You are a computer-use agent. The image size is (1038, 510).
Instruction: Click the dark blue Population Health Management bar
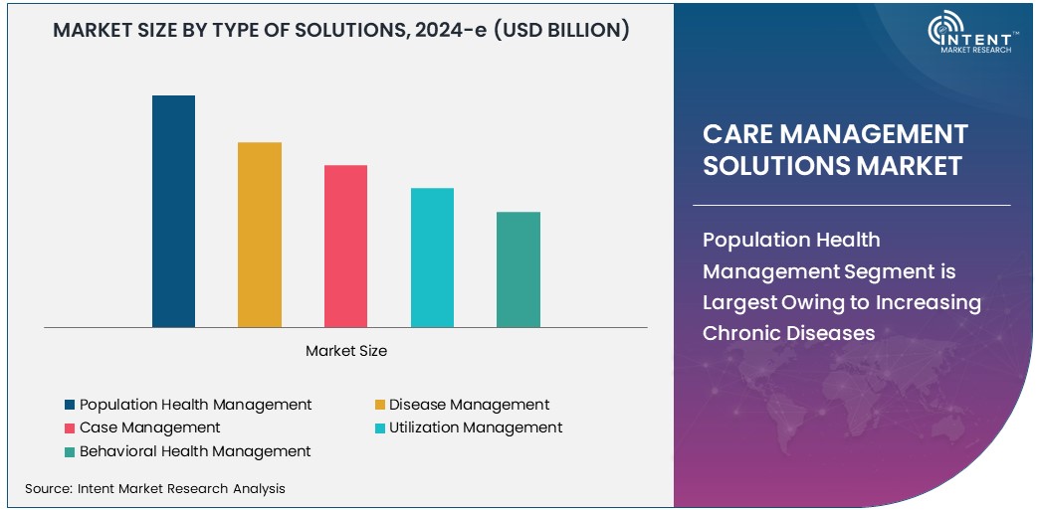[x=173, y=211]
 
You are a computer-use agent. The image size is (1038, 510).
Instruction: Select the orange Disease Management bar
[x=260, y=235]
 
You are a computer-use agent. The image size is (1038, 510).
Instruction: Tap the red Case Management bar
[x=345, y=246]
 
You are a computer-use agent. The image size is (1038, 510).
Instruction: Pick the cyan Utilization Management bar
[x=432, y=257]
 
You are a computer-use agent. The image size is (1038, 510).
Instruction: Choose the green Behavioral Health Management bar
[x=519, y=269]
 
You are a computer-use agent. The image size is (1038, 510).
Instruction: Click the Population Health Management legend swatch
[x=70, y=405]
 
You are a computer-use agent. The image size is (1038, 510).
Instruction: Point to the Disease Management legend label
[x=469, y=405]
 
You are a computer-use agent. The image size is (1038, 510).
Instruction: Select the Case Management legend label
[x=149, y=427]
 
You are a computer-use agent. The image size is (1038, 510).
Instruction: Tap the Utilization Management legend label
[x=476, y=427]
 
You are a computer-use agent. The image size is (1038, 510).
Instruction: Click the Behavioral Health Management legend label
[x=195, y=451]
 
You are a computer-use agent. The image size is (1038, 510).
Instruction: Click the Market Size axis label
[x=346, y=351]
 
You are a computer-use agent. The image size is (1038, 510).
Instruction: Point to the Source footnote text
[x=155, y=488]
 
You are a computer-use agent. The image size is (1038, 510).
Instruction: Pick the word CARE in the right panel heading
[x=737, y=134]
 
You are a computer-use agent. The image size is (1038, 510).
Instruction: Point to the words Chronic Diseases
[x=789, y=333]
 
